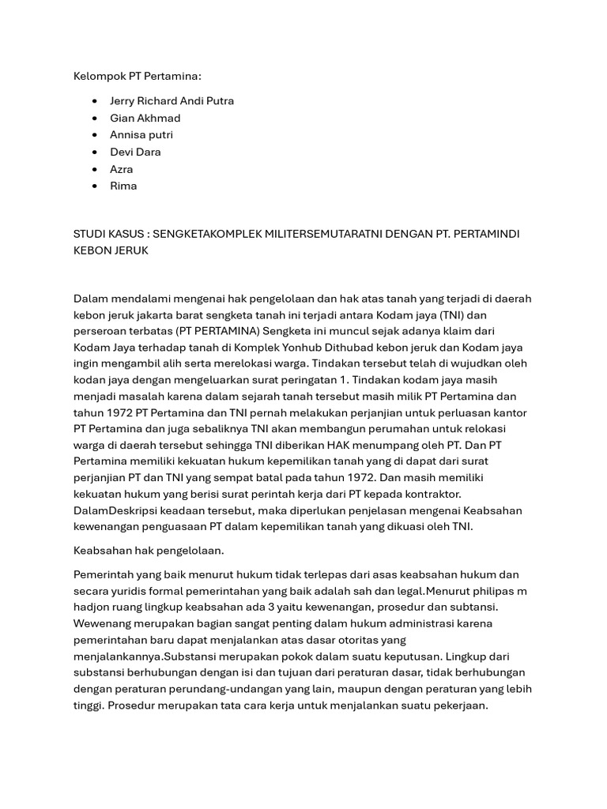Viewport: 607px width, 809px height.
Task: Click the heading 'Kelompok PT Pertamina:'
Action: coord(138,76)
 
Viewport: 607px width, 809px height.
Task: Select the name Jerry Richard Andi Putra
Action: coord(172,101)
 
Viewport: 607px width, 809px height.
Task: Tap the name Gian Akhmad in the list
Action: coord(145,118)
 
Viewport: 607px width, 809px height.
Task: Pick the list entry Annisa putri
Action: coord(141,135)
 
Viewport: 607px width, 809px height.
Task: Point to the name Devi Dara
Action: coord(135,152)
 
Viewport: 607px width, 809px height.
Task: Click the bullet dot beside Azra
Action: coord(95,169)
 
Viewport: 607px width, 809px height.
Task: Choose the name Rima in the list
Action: coord(123,186)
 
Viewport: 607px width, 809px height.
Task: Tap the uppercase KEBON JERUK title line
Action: coord(111,250)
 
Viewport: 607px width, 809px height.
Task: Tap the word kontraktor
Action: coord(435,494)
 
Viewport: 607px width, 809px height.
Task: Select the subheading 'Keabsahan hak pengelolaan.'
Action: coord(149,551)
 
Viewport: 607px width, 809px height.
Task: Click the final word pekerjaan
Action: coord(459,706)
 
